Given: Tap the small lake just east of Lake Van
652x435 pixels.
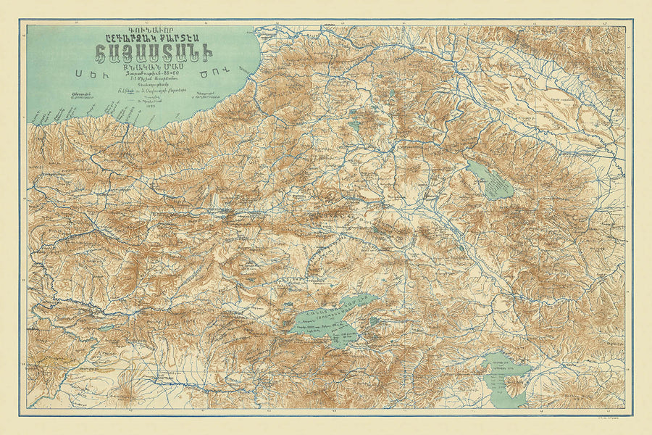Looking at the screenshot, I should point(373,319).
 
